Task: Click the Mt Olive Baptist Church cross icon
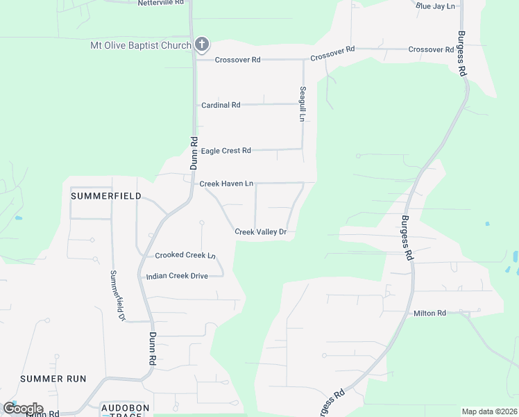tap(201, 45)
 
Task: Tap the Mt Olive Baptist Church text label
tap(141, 46)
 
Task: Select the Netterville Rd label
tap(161, 3)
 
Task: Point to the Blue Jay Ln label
tap(435, 6)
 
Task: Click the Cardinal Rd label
tap(221, 105)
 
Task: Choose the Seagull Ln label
tap(303, 104)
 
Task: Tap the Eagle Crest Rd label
tap(226, 150)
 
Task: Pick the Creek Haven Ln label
tap(226, 183)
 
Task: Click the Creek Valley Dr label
tap(260, 231)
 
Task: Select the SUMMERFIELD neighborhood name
tap(106, 196)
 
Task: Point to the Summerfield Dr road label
tap(116, 295)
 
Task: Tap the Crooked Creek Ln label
tap(185, 255)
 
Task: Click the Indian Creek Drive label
tap(177, 276)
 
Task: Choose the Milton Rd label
tap(429, 313)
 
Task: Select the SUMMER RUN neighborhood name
tap(53, 379)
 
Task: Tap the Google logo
tap(23, 409)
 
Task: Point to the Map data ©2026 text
tap(489, 411)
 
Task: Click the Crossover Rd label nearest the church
tap(237, 60)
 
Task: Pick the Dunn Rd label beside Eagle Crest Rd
tap(194, 153)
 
